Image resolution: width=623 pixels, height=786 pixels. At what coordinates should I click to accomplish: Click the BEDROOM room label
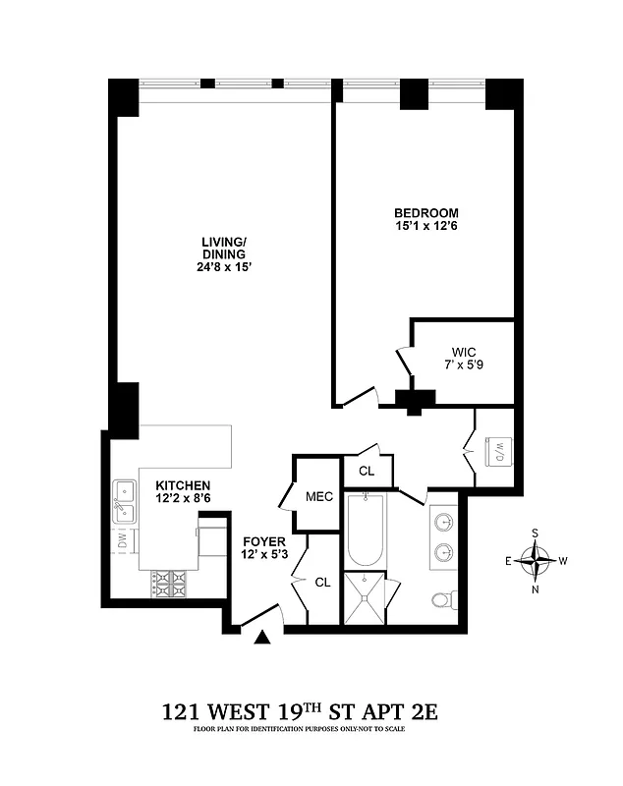(425, 213)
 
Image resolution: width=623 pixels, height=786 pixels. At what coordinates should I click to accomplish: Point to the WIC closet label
(463, 352)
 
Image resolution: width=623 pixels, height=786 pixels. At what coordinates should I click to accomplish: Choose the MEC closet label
(319, 496)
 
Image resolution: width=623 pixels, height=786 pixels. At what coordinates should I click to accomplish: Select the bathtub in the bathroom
(366, 531)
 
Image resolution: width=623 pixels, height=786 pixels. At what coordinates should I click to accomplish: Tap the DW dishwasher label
(123, 539)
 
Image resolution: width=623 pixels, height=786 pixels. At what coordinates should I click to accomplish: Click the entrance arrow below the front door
(262, 639)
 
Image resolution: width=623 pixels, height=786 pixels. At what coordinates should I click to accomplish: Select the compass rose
(537, 562)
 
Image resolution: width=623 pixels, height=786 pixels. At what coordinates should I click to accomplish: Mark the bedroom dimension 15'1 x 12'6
(425, 227)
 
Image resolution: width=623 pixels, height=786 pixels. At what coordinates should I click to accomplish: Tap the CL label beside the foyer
(322, 582)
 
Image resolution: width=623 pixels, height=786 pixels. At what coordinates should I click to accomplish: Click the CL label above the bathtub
(366, 471)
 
